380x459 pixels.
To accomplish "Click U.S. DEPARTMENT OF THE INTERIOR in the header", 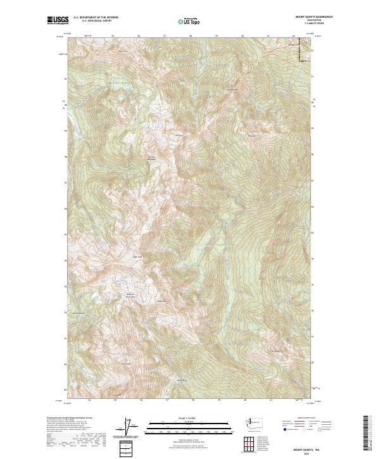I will pos(96,17).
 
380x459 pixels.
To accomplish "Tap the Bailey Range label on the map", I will pos(101,82).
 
